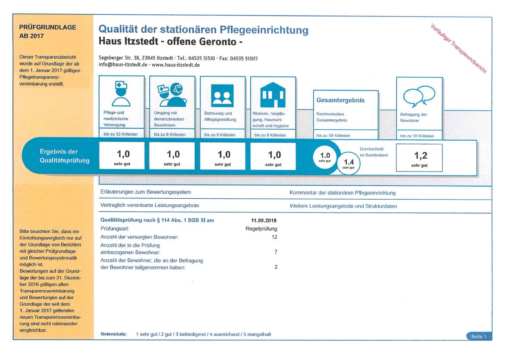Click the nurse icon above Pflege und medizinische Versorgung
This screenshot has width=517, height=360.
tap(121, 94)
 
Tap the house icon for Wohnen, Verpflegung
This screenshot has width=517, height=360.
tap(273, 95)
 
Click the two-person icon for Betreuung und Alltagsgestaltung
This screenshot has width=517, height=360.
tap(222, 96)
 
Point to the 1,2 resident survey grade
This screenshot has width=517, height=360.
tap(421, 156)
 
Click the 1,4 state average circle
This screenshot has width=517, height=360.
tap(349, 163)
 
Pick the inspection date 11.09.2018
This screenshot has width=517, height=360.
tap(264, 220)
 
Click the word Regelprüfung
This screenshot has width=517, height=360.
tap(261, 229)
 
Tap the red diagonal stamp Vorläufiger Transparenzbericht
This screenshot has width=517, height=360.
tap(458, 48)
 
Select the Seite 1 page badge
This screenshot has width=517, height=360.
tap(479, 336)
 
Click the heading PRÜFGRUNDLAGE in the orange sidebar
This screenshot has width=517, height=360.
tap(47, 27)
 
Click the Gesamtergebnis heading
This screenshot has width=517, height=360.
tap(340, 100)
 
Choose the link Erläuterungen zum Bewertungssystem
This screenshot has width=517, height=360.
tap(146, 192)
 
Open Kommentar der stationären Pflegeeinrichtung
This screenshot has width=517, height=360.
tap(343, 193)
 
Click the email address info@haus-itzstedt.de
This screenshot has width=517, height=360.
tap(123, 65)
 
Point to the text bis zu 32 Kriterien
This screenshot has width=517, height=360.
tap(120, 134)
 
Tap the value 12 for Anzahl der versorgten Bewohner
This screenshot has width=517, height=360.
tap(274, 237)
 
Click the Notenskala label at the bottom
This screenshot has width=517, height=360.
tap(114, 334)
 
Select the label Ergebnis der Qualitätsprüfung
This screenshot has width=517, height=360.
tap(64, 156)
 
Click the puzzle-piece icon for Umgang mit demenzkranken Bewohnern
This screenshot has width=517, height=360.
tap(177, 89)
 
